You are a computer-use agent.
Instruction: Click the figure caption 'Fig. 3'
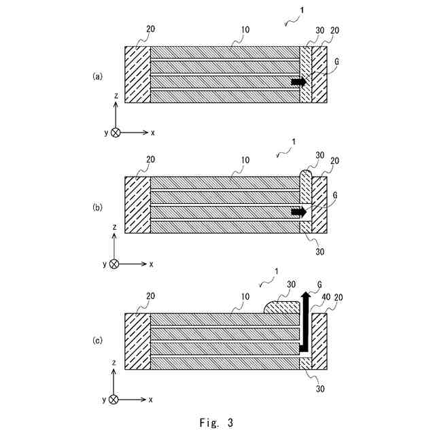[217, 423]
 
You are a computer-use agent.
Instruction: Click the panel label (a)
[98, 77]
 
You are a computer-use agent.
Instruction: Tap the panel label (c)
[98, 338]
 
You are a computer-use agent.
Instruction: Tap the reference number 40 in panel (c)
[326, 297]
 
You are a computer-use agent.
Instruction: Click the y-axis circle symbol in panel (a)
[116, 133]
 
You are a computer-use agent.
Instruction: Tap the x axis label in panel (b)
[152, 264]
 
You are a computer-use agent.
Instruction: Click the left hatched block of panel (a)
[137, 75]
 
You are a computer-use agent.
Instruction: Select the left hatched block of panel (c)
[137, 341]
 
